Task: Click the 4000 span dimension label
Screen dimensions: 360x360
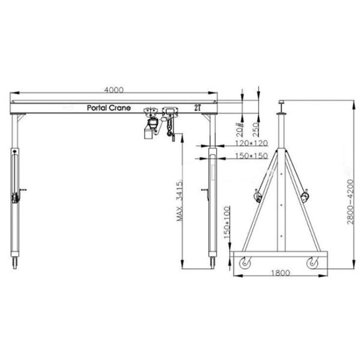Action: point(114,90)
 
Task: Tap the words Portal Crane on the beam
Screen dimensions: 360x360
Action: point(109,107)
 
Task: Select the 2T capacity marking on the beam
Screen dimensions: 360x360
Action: point(197,107)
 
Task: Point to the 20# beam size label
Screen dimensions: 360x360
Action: point(239,130)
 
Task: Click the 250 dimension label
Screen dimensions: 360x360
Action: point(256,129)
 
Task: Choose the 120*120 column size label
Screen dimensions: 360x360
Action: point(251,143)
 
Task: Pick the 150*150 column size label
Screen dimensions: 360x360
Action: point(251,156)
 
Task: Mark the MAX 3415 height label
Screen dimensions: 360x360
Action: point(180,202)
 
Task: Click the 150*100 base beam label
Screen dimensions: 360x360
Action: point(227,223)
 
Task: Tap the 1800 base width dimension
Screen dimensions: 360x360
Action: point(281,273)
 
